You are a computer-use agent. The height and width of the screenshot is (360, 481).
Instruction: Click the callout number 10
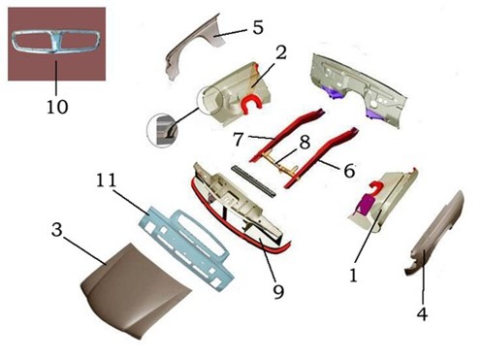click(x=57, y=107)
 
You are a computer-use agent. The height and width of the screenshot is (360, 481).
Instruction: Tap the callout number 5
click(x=258, y=27)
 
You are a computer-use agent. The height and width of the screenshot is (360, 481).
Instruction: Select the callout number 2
click(x=281, y=52)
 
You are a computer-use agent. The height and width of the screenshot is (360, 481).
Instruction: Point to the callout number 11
click(x=107, y=180)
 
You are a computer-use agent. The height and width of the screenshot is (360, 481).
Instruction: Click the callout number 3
click(x=56, y=230)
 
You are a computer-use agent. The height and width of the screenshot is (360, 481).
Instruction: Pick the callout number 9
click(x=278, y=292)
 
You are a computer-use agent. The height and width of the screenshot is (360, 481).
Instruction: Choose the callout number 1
click(x=353, y=276)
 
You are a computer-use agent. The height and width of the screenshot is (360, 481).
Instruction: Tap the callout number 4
click(x=422, y=313)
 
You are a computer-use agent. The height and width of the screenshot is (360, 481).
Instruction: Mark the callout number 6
click(x=349, y=171)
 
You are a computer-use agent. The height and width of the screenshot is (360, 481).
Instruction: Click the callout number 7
click(x=239, y=139)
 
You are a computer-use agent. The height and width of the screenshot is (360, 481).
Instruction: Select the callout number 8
click(x=305, y=143)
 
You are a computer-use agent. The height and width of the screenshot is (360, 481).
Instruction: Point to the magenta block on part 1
click(x=365, y=205)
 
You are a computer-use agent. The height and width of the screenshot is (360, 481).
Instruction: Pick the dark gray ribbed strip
click(x=254, y=181)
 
